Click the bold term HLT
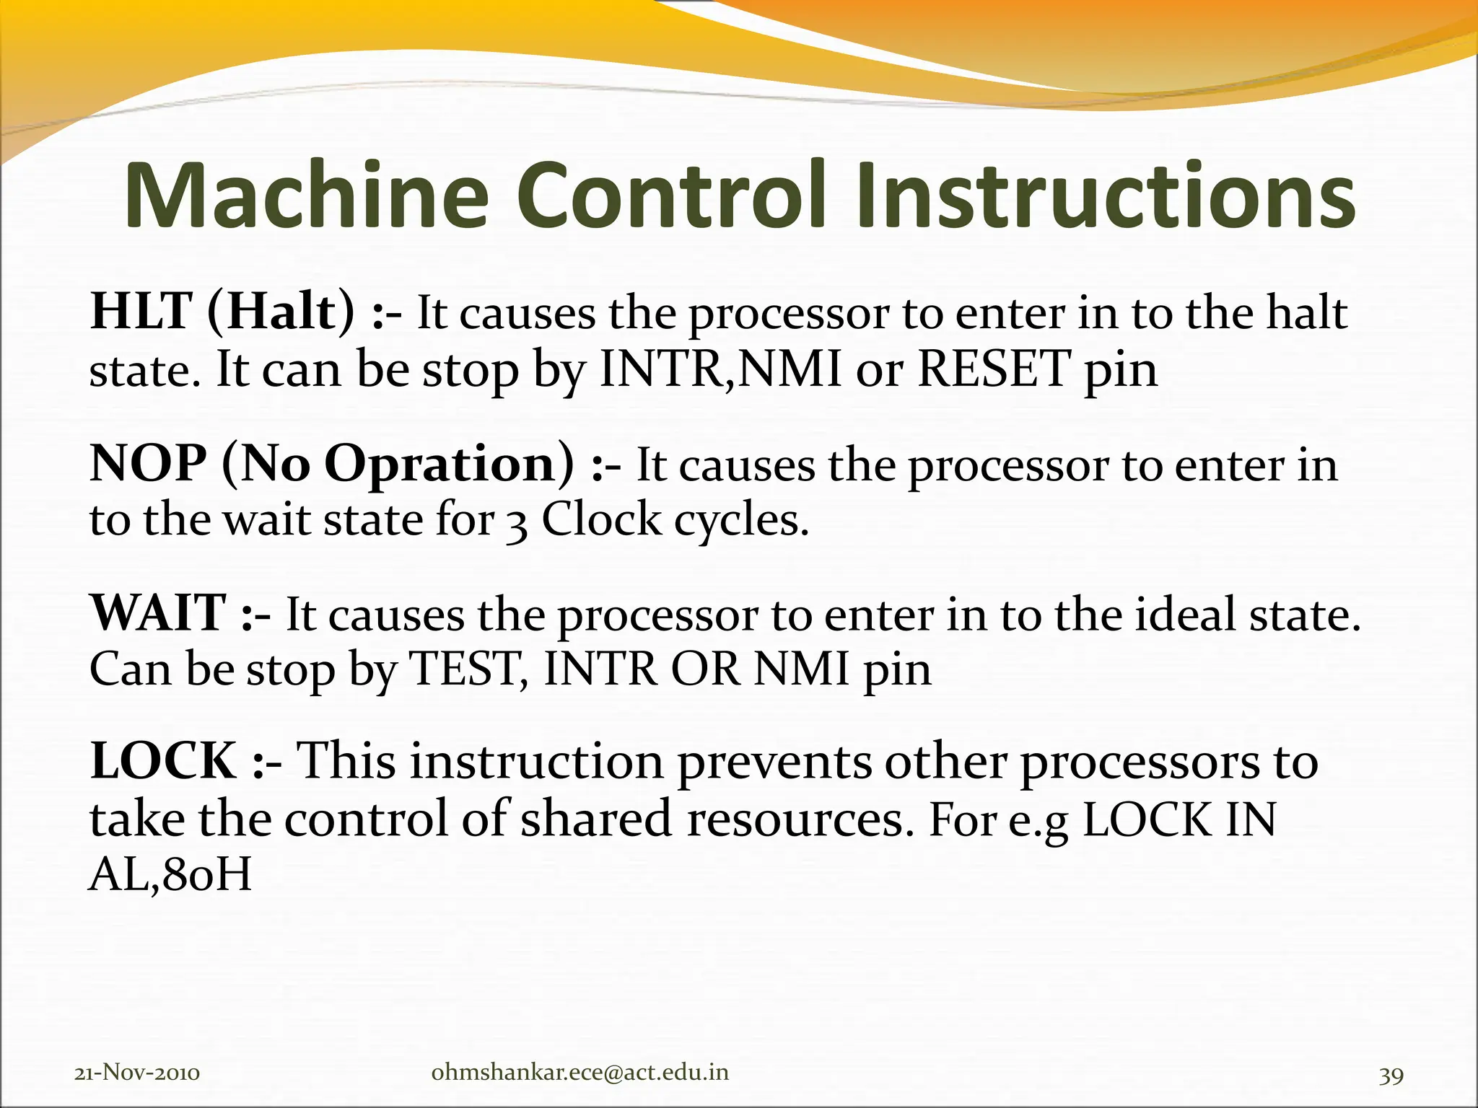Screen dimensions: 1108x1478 click(140, 312)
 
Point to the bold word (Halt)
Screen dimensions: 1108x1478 click(281, 312)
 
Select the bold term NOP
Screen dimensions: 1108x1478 click(148, 463)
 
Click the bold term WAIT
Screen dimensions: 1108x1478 click(158, 613)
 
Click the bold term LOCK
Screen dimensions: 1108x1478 click(163, 762)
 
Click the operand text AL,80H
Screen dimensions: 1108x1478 click(170, 876)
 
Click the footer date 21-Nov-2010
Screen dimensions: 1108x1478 click(137, 1073)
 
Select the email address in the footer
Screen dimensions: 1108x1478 click(580, 1073)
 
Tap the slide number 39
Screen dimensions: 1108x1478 click(1391, 1075)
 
